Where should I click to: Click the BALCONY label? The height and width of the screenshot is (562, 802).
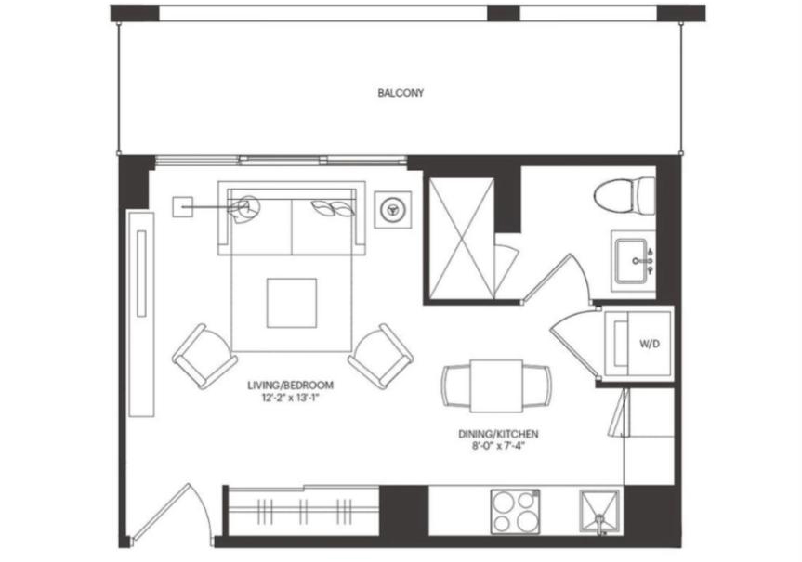pyautogui.click(x=401, y=93)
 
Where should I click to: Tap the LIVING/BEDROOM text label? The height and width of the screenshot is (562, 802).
pyautogui.click(x=291, y=386)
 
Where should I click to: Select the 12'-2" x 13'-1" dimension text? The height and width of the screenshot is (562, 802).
pyautogui.click(x=290, y=398)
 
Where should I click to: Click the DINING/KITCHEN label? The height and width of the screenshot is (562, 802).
pyautogui.click(x=498, y=434)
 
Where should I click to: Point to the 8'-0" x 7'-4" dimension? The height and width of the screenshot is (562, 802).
pyautogui.click(x=498, y=446)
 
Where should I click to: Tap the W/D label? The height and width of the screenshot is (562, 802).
pyautogui.click(x=650, y=344)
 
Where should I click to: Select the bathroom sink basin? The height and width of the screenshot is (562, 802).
pyautogui.click(x=633, y=261)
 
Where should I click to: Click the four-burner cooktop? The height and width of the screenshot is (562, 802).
pyautogui.click(x=515, y=512)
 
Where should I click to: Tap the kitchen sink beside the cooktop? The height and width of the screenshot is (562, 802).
pyautogui.click(x=598, y=512)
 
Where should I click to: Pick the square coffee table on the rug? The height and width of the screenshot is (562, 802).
pyautogui.click(x=292, y=303)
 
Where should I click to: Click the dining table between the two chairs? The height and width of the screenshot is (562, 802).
pyautogui.click(x=496, y=386)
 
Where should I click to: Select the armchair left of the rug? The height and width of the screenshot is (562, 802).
pyautogui.click(x=204, y=356)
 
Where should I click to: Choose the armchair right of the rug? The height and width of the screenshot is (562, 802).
pyautogui.click(x=380, y=356)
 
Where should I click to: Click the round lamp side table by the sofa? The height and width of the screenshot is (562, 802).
pyautogui.click(x=393, y=209)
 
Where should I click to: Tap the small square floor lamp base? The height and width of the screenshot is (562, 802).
pyautogui.click(x=182, y=207)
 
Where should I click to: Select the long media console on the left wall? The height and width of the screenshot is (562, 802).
pyautogui.click(x=141, y=313)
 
